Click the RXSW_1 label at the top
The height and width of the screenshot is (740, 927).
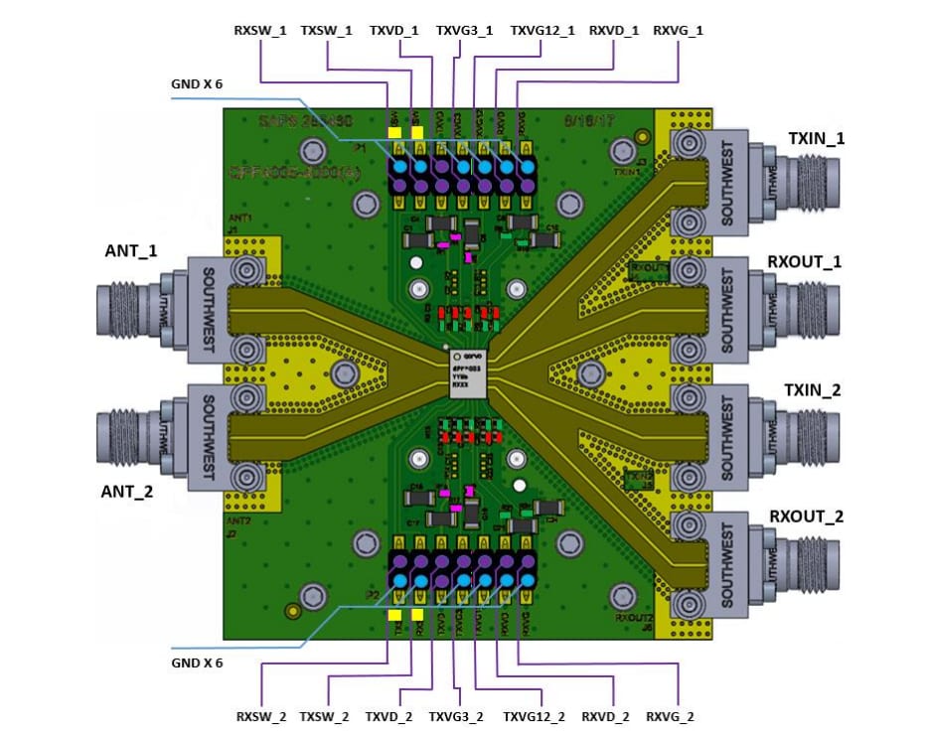(260, 30)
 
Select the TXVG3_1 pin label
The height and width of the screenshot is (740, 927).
(464, 30)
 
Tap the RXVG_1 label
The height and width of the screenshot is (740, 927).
(679, 30)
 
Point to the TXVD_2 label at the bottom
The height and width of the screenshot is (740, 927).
(391, 716)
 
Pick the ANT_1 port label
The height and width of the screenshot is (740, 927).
(131, 251)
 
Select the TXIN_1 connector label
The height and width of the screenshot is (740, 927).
(816, 138)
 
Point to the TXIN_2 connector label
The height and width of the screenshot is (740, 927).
(814, 390)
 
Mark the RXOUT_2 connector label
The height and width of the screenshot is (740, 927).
(806, 518)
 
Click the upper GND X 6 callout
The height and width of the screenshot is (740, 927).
(197, 84)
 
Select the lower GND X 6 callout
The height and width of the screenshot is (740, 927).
(197, 663)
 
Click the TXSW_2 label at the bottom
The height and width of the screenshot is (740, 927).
(326, 716)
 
